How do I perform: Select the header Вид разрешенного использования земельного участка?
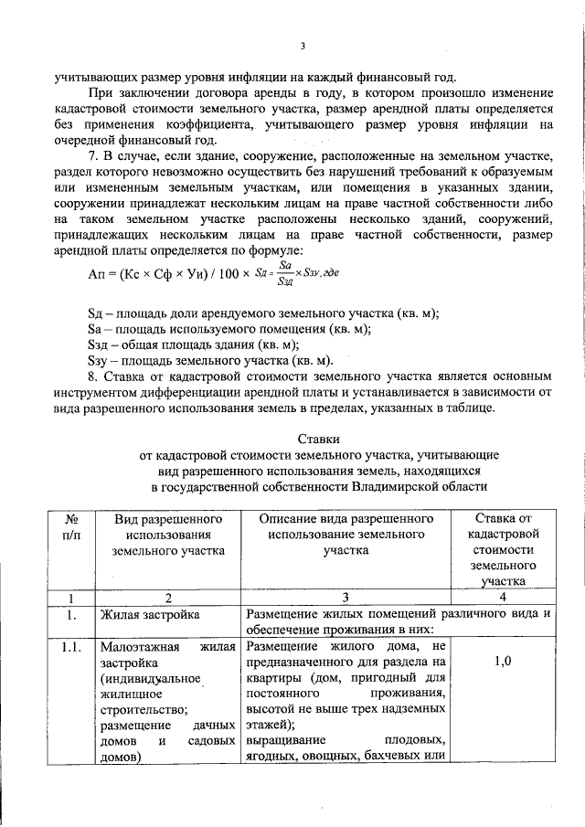168,535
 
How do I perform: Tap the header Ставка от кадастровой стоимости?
497,548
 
